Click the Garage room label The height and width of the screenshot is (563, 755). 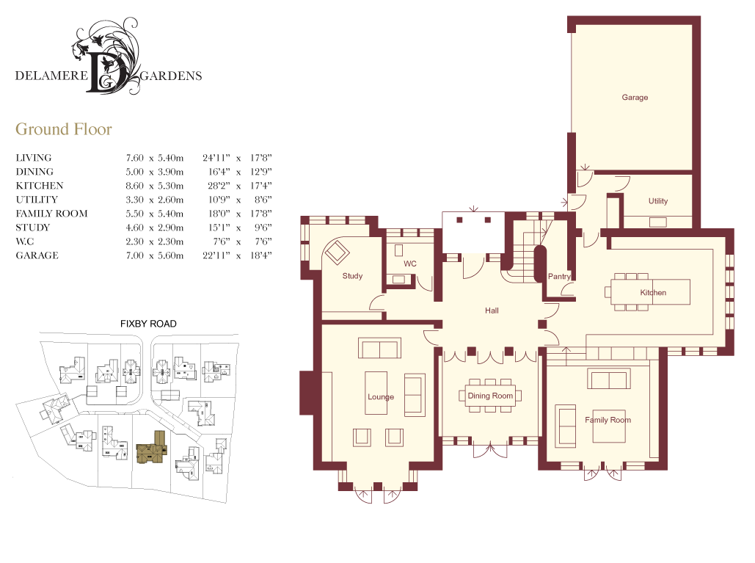pos(635,98)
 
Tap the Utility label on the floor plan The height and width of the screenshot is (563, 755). pos(657,201)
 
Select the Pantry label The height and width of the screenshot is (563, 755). pos(559,277)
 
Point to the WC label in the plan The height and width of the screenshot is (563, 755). pos(409,264)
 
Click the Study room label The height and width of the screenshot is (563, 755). pos(352,276)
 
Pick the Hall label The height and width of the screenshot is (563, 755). pos(492,310)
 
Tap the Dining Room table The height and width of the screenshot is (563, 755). pos(491,396)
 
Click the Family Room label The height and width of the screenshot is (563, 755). pos(608,420)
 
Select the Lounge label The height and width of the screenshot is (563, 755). pos(380,397)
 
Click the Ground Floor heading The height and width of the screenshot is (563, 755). pos(64,129)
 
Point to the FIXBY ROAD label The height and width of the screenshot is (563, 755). pos(148,324)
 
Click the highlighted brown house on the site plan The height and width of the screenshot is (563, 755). pos(152,448)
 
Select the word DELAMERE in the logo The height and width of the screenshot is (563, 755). pos(51,76)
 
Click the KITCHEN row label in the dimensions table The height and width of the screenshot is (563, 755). pos(40,186)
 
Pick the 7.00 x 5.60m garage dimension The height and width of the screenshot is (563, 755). pos(155,255)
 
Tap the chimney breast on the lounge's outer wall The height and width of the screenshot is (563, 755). pos(307,393)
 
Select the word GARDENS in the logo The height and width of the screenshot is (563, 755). pos(171,76)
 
